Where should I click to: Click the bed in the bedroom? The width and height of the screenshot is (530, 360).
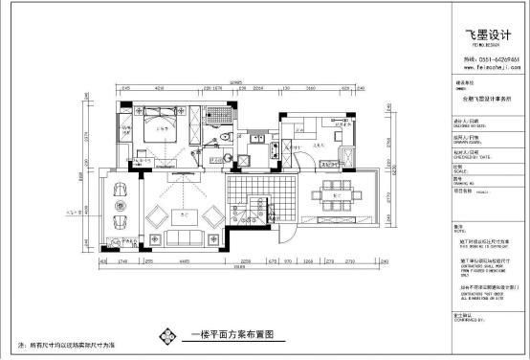[x=155, y=129]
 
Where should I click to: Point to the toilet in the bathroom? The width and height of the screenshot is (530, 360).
[x=222, y=139]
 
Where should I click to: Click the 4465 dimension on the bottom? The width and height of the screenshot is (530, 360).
[x=190, y=259]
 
